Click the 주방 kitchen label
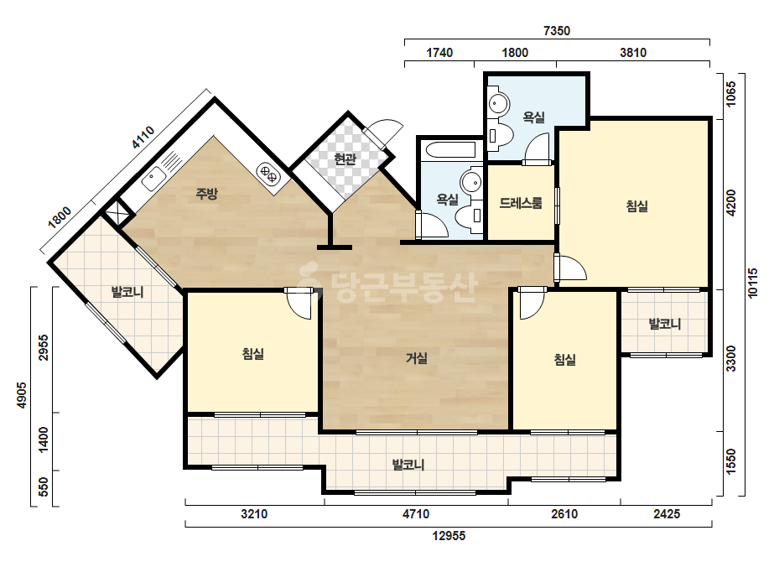pos(206,193)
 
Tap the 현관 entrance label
pos(345,159)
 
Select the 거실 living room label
pos(417,357)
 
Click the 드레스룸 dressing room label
pos(521,202)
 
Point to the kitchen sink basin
pos(153,179)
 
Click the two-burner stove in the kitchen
pos(268,174)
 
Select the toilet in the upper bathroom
pos(500,135)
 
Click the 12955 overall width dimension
pos(449,535)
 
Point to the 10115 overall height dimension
pos(753,283)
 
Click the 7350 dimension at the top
pos(557,31)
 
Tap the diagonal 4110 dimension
pos(143,138)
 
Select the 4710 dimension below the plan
pos(416,514)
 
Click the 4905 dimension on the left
pos(21,395)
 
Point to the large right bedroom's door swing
pos(570,268)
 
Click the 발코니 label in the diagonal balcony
pos(127,292)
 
